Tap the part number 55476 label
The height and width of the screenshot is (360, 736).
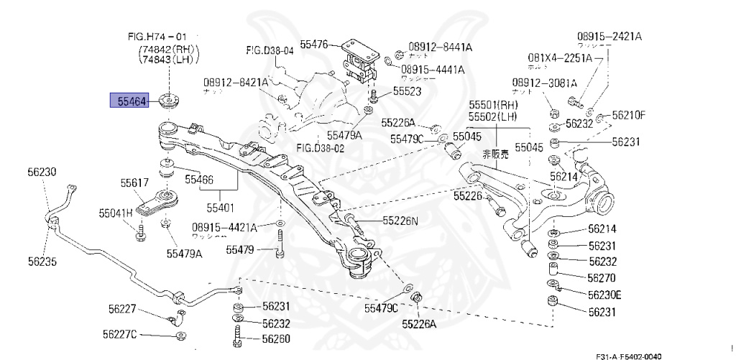coord(314,45)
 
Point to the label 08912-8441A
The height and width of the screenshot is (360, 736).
coord(440,47)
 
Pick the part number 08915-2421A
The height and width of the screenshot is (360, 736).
coord(609,36)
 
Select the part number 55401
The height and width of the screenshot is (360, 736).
coord(221,208)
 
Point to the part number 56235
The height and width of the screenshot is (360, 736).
coord(42,262)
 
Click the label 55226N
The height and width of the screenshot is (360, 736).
coord(400,221)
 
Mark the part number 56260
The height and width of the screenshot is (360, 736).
coord(275,338)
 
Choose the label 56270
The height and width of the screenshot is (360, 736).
coord(602,278)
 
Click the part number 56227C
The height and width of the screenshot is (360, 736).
coord(119,335)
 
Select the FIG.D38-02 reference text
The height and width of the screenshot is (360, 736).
coord(321,148)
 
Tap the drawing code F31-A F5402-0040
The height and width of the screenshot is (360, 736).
coord(627,356)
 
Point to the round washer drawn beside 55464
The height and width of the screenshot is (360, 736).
coord(171,101)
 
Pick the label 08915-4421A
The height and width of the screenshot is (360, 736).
coord(224,228)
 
